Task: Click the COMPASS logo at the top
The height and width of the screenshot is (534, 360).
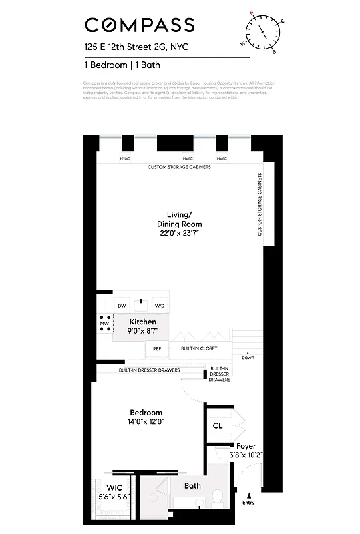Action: pyautogui.click(x=140, y=25)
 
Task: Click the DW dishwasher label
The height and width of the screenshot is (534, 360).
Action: pyautogui.click(x=122, y=306)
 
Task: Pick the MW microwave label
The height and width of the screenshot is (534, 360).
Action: pyautogui.click(x=104, y=324)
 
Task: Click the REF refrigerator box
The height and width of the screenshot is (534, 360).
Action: pyautogui.click(x=157, y=348)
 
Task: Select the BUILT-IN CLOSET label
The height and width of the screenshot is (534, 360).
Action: pyautogui.click(x=199, y=348)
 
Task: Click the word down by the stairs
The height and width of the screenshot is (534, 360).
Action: pyautogui.click(x=248, y=358)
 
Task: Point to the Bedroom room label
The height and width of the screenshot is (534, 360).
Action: pyautogui.click(x=146, y=413)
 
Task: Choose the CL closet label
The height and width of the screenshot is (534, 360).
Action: pyautogui.click(x=218, y=425)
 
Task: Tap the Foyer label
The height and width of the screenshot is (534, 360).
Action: pyautogui.click(x=246, y=446)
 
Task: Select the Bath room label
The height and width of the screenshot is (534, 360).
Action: pyautogui.click(x=192, y=486)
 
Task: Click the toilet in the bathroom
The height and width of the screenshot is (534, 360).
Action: pyautogui.click(x=218, y=497)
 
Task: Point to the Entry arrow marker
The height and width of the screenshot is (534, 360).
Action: pyautogui.click(x=249, y=496)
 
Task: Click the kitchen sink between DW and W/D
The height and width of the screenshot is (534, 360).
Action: pyautogui.click(x=140, y=305)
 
